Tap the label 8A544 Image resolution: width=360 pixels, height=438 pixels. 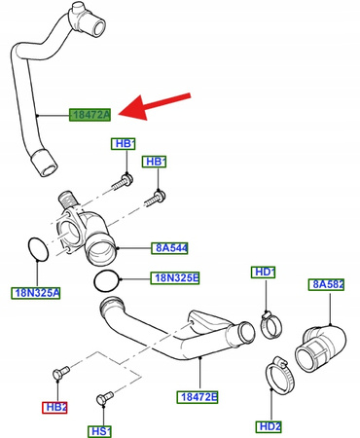(x=169, y=247)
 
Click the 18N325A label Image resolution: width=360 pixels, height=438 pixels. (x=36, y=292)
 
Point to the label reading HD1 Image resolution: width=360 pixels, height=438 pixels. (x=265, y=272)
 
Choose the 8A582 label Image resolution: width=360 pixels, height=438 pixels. (x=329, y=284)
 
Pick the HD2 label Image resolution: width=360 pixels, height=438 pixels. (x=269, y=426)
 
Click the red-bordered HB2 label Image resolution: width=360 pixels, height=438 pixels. (x=54, y=407)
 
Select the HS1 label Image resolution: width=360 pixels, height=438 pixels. (x=100, y=430)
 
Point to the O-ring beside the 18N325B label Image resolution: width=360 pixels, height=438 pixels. (x=110, y=281)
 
